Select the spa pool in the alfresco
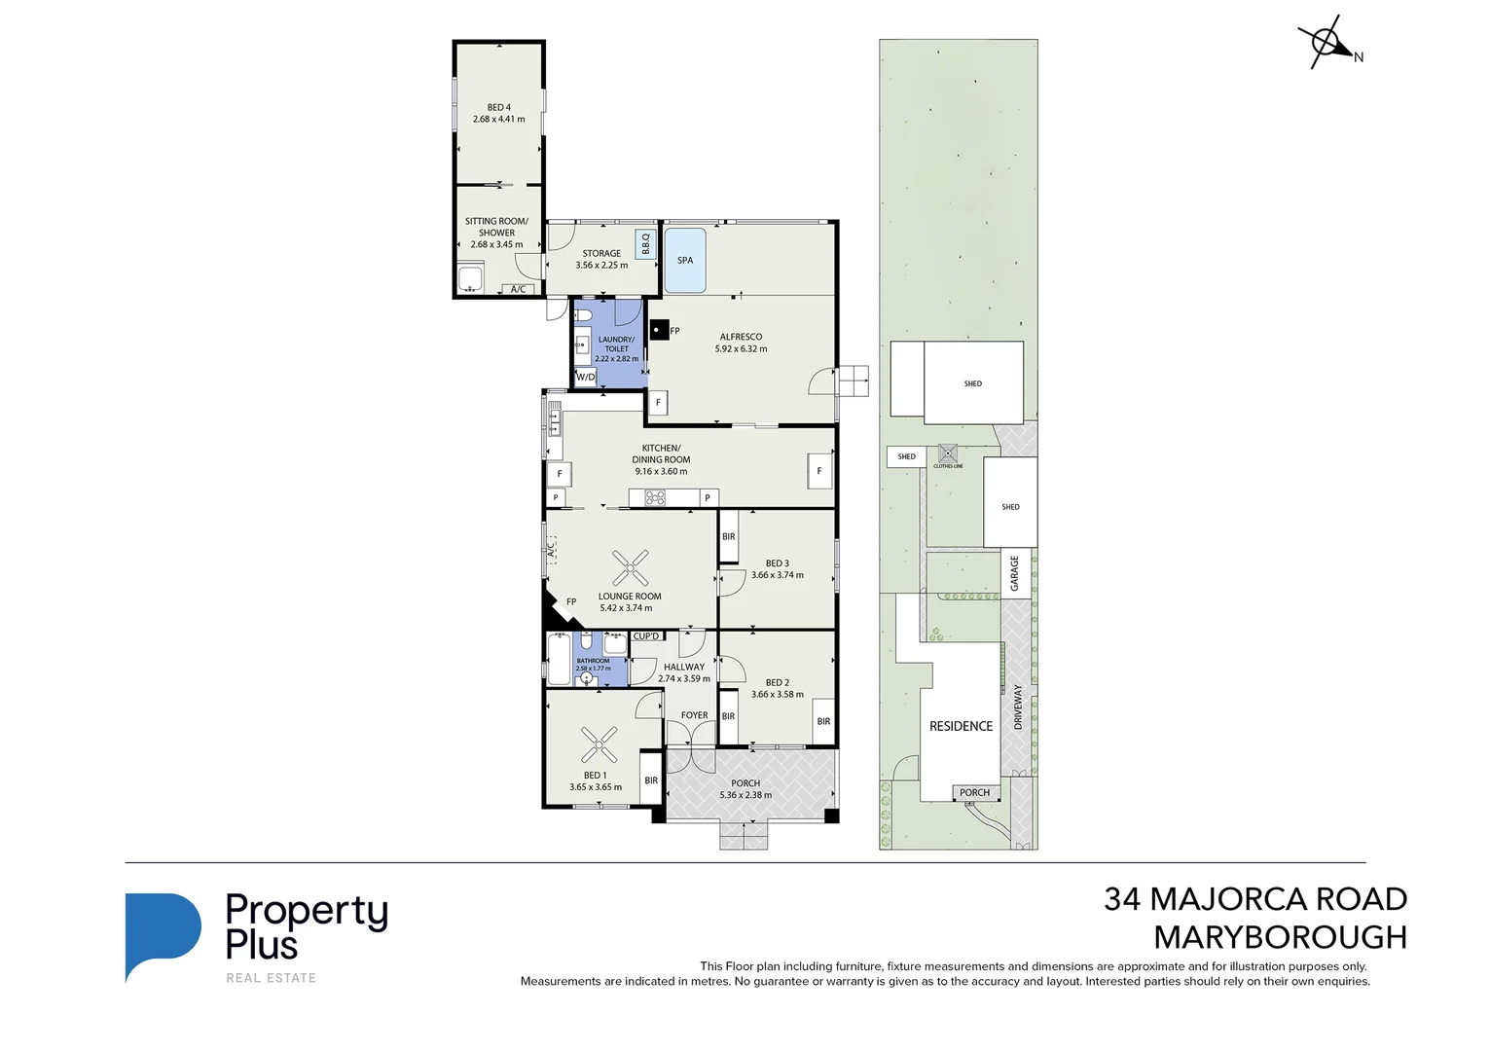coord(684,260)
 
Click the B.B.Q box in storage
coord(645,243)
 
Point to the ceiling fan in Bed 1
coord(599,744)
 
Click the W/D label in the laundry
coord(586,377)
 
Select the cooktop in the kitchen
coord(655,498)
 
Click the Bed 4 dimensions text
coord(498,120)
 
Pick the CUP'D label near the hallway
coord(646,636)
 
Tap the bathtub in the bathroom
coord(559,659)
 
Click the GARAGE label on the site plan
coord(1014,573)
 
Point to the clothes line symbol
coord(948,453)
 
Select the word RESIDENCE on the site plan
coord(961,726)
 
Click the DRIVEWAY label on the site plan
coord(1018,707)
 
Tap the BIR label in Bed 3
coord(728,537)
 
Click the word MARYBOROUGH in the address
coord(1280,937)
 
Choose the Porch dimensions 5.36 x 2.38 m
coord(745,795)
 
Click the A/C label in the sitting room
coord(518,289)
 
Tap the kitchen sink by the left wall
coord(554,419)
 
